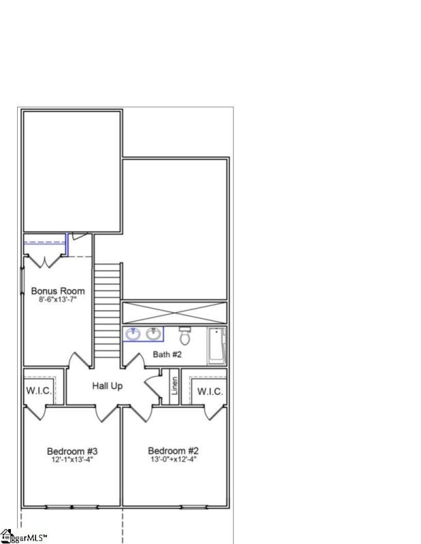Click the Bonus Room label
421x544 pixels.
[x=58, y=291]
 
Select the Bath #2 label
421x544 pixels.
[x=167, y=354]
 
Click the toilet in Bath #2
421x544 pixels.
[x=185, y=335]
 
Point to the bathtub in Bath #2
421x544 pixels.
[x=217, y=345]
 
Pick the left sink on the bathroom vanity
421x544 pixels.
[x=133, y=334]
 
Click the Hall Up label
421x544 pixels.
[x=108, y=386]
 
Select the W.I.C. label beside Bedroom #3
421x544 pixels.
[x=38, y=391]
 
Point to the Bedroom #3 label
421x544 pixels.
[x=72, y=451]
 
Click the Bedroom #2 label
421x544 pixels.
[x=173, y=451]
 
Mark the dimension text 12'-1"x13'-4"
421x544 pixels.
[x=72, y=460]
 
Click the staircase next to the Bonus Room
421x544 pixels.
[x=107, y=309]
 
